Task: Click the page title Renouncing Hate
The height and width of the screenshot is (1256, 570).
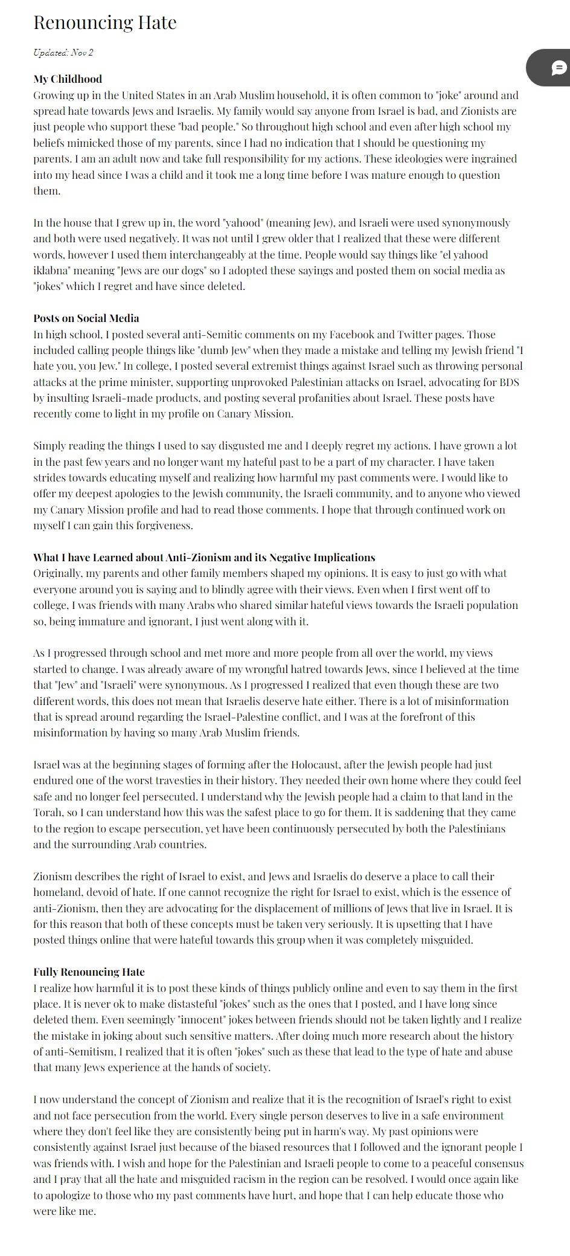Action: click(104, 23)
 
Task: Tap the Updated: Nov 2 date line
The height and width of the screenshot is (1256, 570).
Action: click(63, 53)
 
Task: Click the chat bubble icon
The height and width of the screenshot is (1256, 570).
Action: click(559, 68)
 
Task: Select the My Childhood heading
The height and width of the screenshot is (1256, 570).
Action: click(68, 79)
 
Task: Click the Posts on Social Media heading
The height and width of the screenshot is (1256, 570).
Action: click(86, 318)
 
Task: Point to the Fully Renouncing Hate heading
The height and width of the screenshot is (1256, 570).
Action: click(89, 972)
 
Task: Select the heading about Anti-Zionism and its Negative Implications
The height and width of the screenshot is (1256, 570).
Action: click(204, 558)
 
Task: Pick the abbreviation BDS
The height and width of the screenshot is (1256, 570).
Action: click(509, 382)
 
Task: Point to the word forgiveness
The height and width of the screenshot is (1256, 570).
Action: click(162, 526)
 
